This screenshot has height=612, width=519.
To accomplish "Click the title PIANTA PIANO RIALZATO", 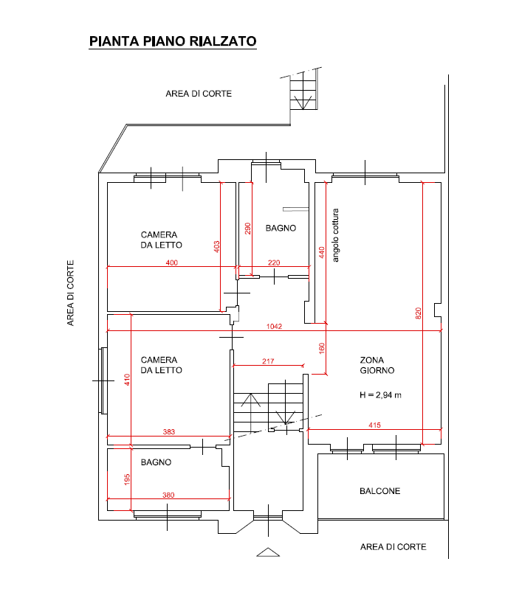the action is [x=173, y=41].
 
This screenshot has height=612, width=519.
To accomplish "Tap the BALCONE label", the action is [x=380, y=491].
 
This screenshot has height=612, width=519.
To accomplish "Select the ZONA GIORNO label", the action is [x=377, y=365].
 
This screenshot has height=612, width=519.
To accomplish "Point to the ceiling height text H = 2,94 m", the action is [x=380, y=395].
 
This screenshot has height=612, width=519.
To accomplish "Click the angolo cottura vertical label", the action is [x=335, y=235].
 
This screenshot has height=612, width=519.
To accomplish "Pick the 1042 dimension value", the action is [x=274, y=327].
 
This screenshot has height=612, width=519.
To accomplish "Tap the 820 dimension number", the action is [x=418, y=313].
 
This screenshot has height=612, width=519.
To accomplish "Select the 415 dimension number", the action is [x=374, y=425].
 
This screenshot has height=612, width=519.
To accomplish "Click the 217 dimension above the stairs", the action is [x=268, y=361].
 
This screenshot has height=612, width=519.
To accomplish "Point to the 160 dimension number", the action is [x=322, y=348].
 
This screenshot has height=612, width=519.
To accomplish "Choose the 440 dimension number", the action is [x=322, y=252].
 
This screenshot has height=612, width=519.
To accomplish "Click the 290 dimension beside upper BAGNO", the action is [x=248, y=229].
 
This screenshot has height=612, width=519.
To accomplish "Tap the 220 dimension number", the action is [x=274, y=262].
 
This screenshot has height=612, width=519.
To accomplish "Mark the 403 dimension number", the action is [x=216, y=247].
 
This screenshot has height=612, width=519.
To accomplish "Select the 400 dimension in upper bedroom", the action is [x=171, y=262].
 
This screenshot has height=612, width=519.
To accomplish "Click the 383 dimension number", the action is [x=169, y=431].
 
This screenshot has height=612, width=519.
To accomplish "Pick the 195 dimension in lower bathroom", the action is [x=127, y=480].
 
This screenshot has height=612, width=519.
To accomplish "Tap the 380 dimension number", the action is [x=168, y=495].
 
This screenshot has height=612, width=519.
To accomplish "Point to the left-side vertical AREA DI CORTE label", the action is [x=70, y=293].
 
